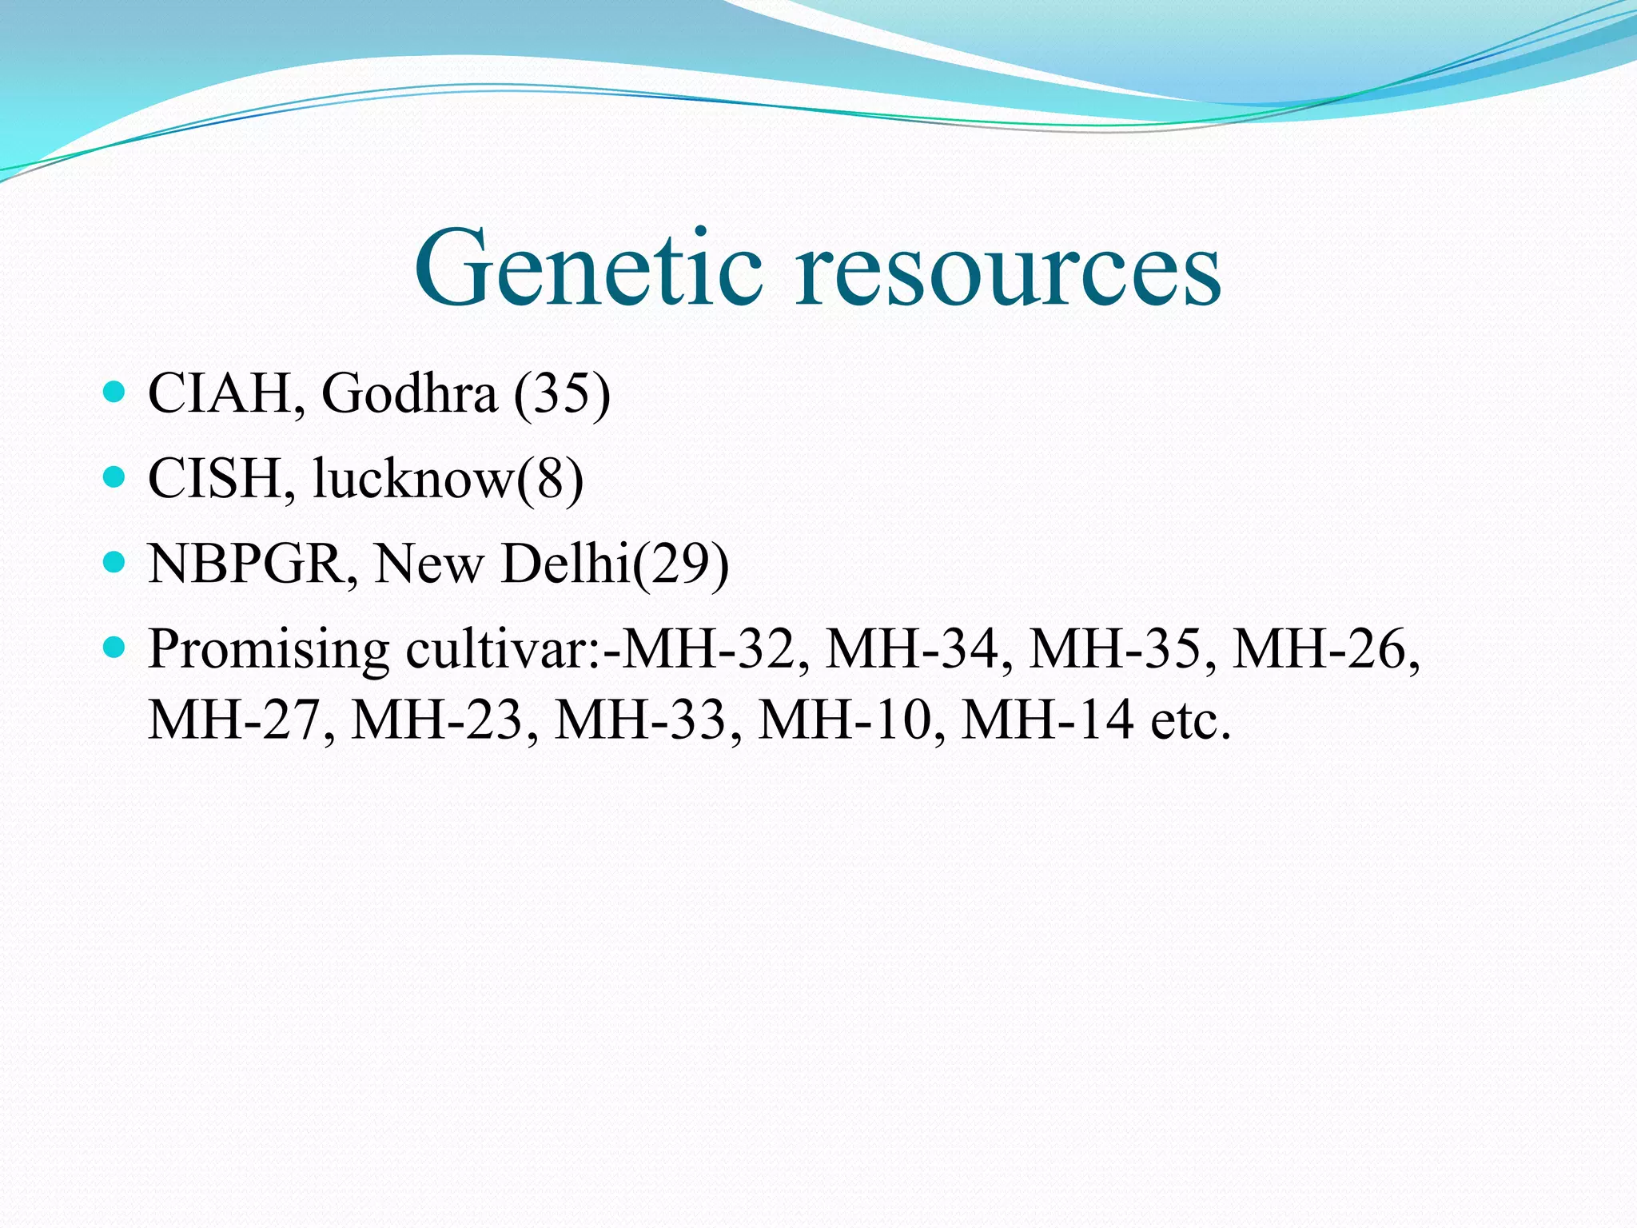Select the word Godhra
(408, 393)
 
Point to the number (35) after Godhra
(562, 393)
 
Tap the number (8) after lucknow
(551, 479)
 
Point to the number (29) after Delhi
(681, 564)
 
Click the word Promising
(269, 649)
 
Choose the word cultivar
(496, 649)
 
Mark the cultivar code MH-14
(1047, 720)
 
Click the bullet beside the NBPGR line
(115, 563)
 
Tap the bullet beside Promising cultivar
(115, 648)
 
